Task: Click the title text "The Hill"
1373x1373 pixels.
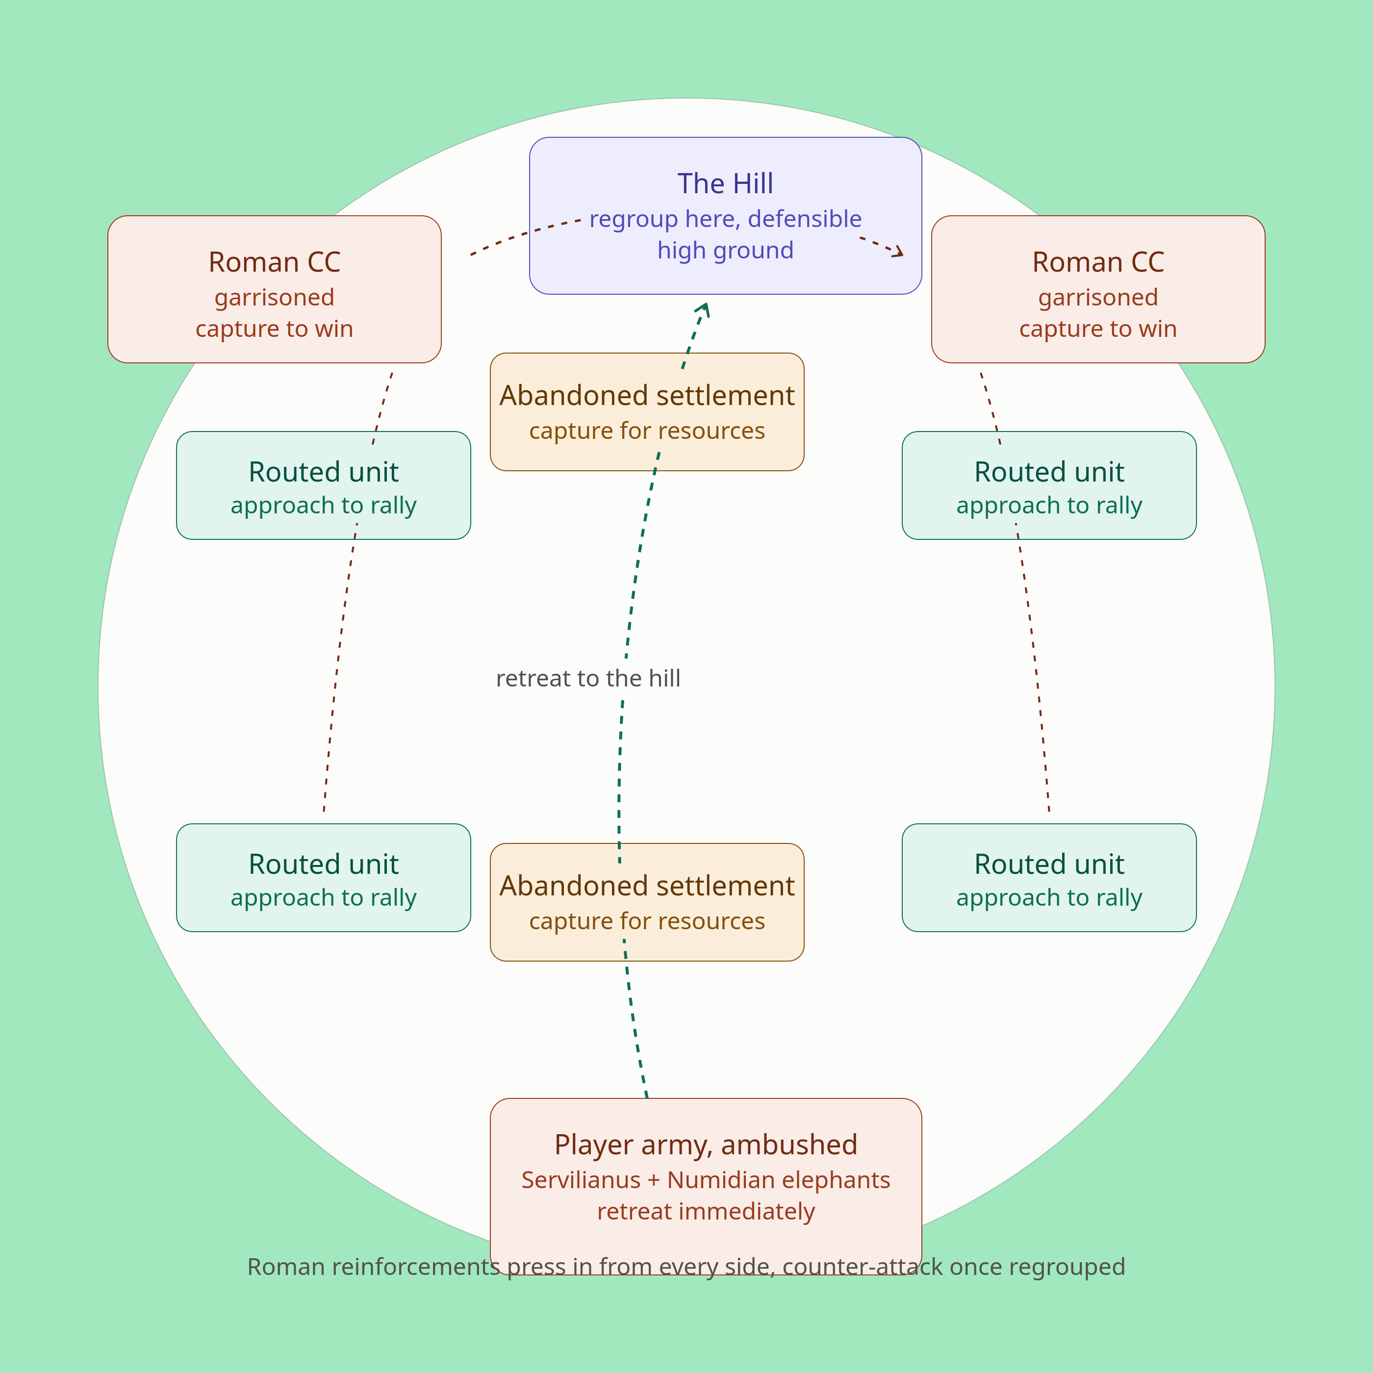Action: (725, 183)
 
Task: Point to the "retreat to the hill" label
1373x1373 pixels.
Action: (588, 679)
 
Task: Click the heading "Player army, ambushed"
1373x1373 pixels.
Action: (706, 1145)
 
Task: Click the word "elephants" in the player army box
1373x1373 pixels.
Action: (834, 1180)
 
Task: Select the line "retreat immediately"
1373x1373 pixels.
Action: (706, 1212)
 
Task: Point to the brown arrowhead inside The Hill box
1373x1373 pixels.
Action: (897, 251)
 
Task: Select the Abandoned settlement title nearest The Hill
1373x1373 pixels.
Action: (647, 396)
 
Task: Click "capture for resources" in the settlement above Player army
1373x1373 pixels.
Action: (647, 921)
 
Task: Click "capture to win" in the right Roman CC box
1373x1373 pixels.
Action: (1098, 329)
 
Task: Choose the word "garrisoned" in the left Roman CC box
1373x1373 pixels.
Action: (274, 298)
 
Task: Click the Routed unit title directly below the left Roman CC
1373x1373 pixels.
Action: (323, 472)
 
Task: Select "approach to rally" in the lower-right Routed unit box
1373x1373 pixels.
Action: (1049, 897)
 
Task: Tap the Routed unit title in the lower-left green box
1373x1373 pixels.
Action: (323, 864)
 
